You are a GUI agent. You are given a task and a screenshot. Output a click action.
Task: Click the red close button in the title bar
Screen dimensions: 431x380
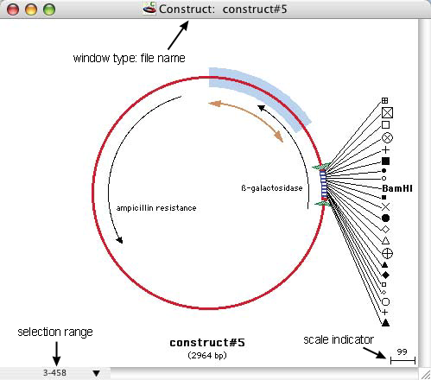[x=13, y=9]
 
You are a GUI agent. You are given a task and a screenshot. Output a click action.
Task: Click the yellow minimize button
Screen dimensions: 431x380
[x=31, y=9]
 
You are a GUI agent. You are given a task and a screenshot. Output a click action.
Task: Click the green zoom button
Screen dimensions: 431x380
[x=49, y=9]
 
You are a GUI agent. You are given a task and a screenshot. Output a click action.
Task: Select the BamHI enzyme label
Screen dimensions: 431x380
[x=397, y=188]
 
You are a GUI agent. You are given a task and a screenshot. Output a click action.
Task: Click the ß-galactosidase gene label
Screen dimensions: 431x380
[x=272, y=188]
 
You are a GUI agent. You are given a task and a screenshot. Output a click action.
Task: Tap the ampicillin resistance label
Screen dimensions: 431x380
[x=156, y=208]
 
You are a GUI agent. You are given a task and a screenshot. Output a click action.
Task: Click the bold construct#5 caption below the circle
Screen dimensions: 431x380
[x=207, y=343]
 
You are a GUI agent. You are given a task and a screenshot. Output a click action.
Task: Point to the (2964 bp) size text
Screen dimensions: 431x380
[x=207, y=356]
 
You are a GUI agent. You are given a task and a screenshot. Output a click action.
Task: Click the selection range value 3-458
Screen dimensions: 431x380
[x=54, y=373]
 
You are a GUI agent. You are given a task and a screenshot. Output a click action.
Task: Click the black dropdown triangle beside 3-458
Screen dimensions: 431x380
[x=97, y=373]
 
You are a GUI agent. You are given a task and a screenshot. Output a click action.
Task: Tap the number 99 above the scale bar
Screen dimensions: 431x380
[x=402, y=351]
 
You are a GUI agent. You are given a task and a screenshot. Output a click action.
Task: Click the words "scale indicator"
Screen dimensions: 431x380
[x=339, y=339]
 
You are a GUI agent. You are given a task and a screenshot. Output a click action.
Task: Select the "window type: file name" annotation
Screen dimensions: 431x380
[x=130, y=58]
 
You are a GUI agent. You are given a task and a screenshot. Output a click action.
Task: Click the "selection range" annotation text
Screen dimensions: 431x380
[x=55, y=332]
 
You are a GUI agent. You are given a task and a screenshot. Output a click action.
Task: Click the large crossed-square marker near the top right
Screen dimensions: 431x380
[x=387, y=112]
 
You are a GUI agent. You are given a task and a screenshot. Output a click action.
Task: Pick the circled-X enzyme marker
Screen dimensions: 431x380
[x=387, y=137]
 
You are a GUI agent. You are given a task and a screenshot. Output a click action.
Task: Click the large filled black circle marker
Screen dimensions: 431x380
[x=386, y=218]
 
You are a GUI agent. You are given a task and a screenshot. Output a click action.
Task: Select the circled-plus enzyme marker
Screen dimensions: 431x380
[x=387, y=254]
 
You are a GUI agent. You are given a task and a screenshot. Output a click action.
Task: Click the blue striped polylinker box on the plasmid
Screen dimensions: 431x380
[x=323, y=185]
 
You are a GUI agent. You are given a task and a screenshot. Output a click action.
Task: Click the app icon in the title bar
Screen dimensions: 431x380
[x=149, y=9]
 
